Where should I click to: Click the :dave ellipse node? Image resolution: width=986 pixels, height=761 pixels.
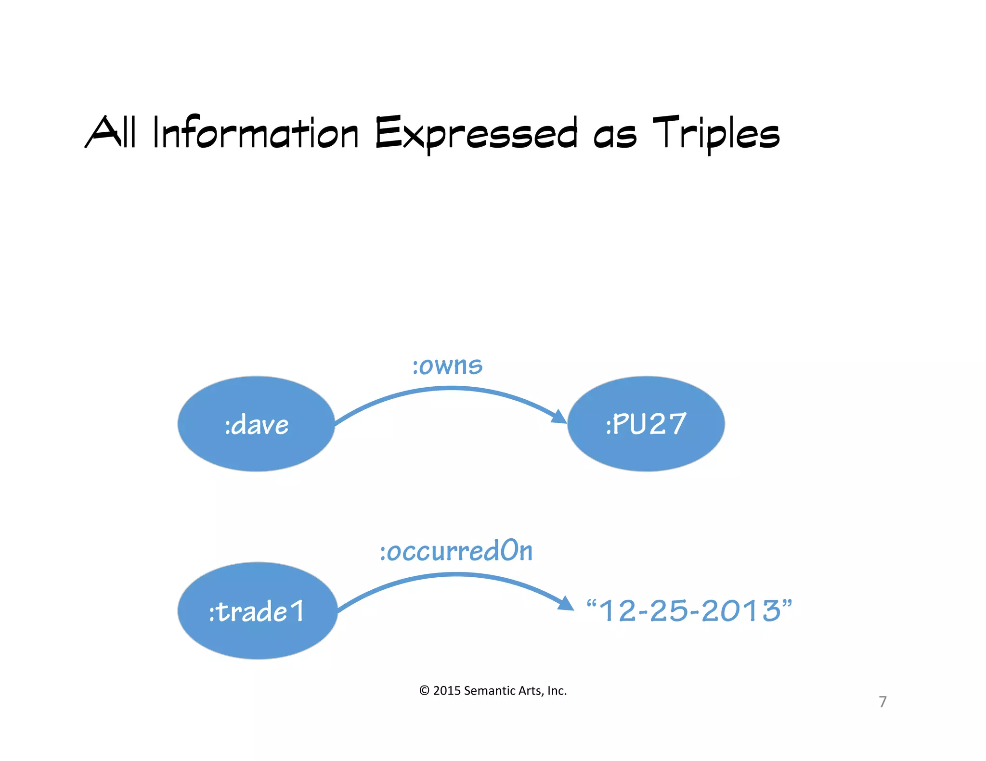256,424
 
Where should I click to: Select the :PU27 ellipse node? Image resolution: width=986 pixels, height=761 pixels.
646,424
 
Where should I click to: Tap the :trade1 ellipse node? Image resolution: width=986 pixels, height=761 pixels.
257,610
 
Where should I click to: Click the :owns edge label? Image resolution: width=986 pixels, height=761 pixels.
447,366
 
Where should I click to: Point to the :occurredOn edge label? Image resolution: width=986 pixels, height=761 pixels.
456,551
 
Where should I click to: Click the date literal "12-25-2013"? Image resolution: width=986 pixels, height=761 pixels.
689,611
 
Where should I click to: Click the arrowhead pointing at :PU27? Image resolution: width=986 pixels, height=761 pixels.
559,417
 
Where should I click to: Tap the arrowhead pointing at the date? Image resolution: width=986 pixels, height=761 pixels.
566,603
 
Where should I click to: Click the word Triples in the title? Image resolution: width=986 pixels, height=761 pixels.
716,133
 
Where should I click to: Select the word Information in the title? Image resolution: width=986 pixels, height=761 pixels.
256,133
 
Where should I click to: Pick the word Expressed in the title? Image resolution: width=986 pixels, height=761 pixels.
476,134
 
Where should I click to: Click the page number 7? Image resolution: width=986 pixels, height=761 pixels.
882,702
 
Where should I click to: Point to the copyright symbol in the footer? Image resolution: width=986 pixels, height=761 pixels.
424,691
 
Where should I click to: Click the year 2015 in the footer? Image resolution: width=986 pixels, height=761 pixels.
447,691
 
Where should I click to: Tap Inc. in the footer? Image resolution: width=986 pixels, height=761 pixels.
557,691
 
